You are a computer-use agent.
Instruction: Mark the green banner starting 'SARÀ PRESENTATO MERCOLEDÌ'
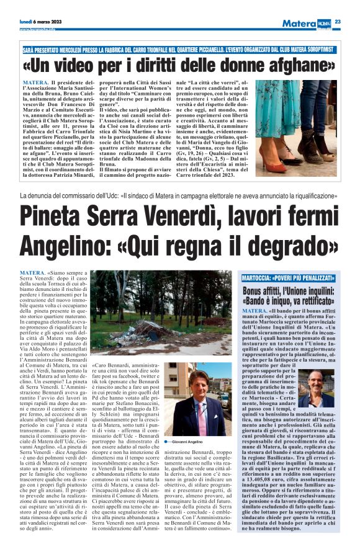click(x=180, y=48)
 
